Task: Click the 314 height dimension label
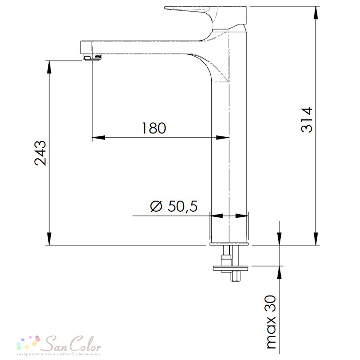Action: point(307,120)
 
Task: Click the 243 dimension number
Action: point(40,153)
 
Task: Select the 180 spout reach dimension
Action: point(154,128)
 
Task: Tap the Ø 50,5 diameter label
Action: point(174,206)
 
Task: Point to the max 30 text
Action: point(271,322)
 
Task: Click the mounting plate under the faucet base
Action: point(230,268)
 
